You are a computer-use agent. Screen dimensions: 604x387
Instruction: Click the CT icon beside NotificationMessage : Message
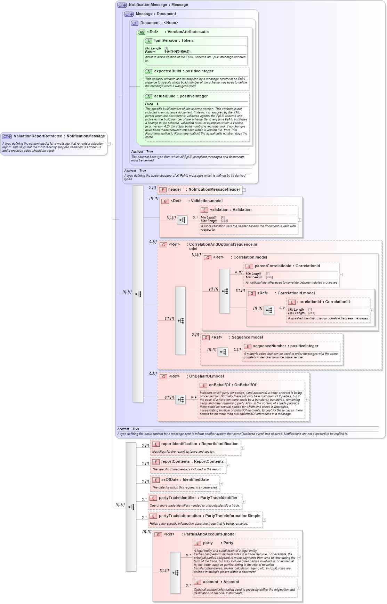pos(122,5)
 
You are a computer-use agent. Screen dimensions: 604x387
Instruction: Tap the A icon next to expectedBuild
pos(148,71)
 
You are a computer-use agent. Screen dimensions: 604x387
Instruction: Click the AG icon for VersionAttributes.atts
pos(142,32)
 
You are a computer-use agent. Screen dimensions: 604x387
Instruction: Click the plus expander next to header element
pos(244,190)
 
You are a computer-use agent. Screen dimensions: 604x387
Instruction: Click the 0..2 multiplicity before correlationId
pos(282,308)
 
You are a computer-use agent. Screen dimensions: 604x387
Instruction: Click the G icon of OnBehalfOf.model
pos(163,376)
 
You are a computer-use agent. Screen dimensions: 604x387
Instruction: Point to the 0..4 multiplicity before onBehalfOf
pos(194,397)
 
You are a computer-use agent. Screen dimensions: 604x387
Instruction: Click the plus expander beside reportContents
pos(227,466)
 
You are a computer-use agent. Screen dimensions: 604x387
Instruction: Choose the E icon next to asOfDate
pos(156,480)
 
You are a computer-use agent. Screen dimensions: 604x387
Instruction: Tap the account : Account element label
pos(221,582)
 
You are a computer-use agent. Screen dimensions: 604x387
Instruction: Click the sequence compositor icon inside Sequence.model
pos(223,352)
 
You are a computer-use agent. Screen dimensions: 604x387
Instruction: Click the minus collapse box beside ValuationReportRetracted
pos(109,144)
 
